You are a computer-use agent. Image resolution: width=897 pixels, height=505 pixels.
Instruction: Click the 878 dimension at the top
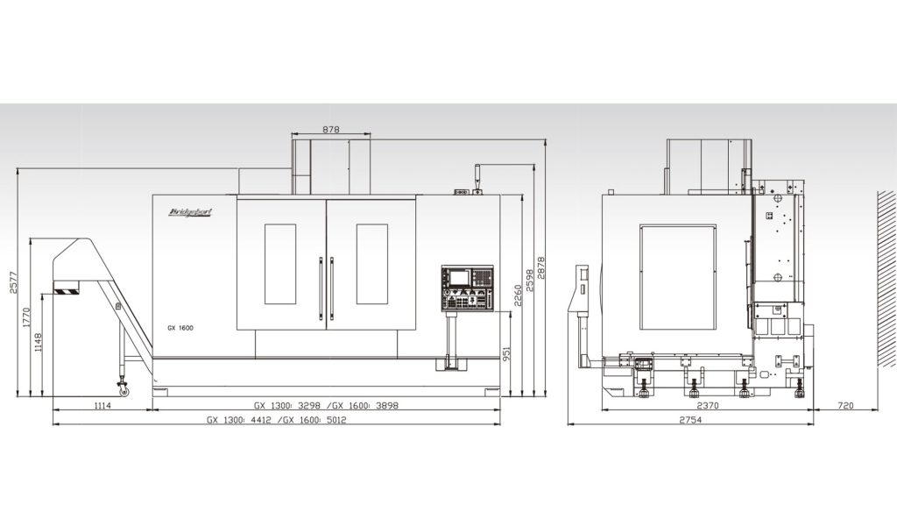(x=330, y=130)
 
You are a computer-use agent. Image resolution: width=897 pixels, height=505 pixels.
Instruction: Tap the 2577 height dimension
(x=13, y=281)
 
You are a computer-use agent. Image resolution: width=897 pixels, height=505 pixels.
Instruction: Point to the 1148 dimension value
(x=38, y=343)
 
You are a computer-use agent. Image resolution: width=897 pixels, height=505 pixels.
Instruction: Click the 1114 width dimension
(x=102, y=406)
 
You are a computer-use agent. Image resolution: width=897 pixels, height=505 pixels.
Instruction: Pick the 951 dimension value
(x=506, y=352)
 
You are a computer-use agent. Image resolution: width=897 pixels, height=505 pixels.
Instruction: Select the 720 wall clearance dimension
(x=845, y=406)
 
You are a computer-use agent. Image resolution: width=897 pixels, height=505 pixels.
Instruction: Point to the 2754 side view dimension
(x=690, y=420)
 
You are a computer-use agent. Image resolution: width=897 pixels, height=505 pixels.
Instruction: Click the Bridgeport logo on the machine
(x=190, y=212)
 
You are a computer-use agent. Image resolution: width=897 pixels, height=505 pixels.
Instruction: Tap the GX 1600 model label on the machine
(x=180, y=328)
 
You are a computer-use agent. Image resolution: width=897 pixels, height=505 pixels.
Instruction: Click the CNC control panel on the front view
(x=467, y=288)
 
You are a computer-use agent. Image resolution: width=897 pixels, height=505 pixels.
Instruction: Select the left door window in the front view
(x=280, y=264)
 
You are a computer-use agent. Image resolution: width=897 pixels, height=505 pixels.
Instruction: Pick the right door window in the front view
(x=371, y=264)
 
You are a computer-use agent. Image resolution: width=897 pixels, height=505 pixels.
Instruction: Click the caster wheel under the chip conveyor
(x=123, y=391)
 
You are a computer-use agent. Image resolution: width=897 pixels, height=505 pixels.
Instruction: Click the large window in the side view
(x=678, y=277)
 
